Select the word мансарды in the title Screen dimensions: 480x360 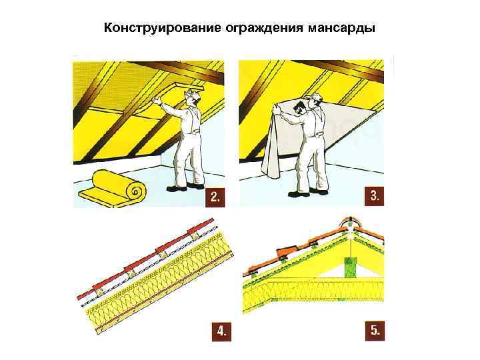(341, 29)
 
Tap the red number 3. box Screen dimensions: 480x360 (376, 196)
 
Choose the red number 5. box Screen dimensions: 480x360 (376, 329)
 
